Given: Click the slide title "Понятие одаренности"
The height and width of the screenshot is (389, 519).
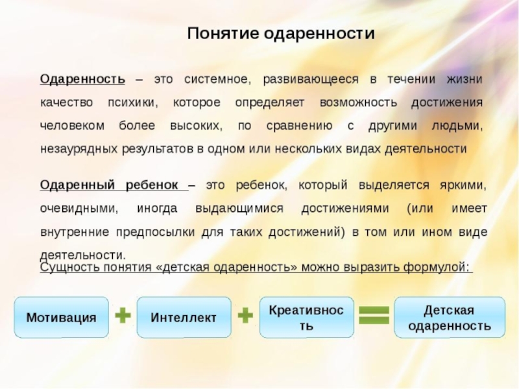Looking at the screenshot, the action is tap(281, 34).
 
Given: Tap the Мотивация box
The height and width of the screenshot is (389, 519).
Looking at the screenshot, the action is tap(62, 318).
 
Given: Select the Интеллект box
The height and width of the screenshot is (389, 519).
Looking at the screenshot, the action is tap(184, 318).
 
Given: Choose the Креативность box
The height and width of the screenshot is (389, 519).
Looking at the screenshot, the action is tap(306, 318).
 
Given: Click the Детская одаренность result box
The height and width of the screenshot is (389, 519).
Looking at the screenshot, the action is tap(449, 318).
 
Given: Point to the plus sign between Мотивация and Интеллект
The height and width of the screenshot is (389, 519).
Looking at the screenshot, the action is tap(123, 316).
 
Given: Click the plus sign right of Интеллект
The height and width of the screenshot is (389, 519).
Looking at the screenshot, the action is tap(245, 316).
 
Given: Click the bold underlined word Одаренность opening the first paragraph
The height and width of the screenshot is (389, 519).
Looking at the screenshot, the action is tap(82, 80).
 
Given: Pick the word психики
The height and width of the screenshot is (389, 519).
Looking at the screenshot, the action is tap(132, 103).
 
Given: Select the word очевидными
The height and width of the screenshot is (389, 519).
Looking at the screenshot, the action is tap(78, 209).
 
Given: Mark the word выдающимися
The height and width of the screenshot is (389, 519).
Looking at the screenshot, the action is tap(239, 209).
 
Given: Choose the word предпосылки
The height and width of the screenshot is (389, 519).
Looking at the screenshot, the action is tap(159, 231).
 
